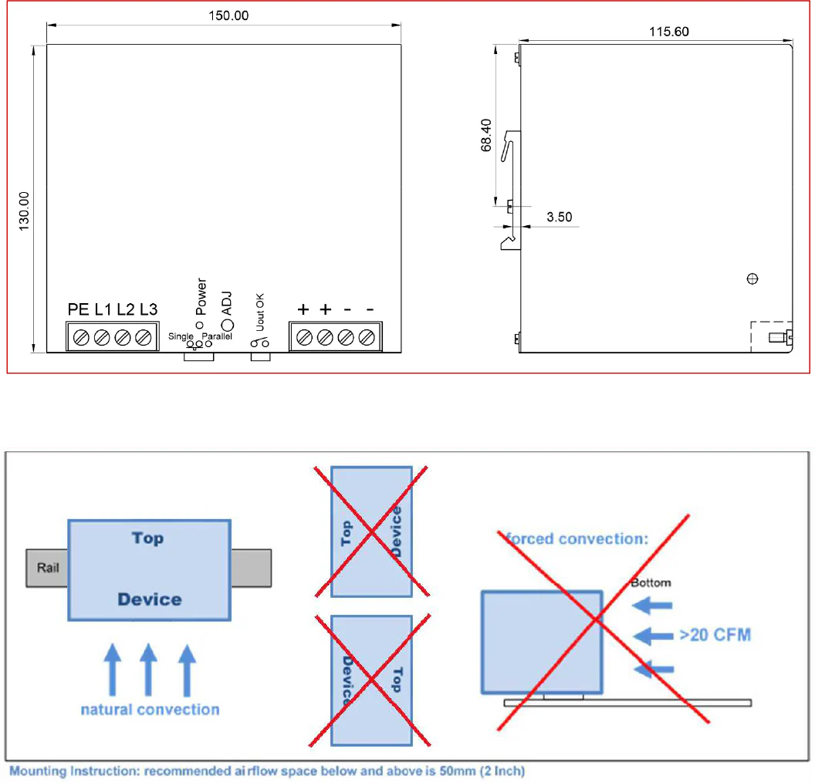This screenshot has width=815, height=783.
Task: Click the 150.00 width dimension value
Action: click(228, 15)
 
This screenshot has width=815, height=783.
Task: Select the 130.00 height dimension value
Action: click(24, 211)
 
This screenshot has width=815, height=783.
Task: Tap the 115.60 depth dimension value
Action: click(669, 32)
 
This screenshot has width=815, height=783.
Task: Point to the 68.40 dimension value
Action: click(486, 136)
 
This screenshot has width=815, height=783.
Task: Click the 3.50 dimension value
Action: click(560, 218)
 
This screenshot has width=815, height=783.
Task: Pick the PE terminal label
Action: click(79, 309)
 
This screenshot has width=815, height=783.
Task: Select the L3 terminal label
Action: click(149, 309)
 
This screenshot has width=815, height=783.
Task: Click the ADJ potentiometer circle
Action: click(228, 326)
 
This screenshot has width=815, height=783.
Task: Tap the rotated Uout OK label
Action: click(260, 312)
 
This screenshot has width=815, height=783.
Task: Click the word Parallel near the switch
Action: click(217, 336)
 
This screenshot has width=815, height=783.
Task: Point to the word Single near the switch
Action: click(181, 336)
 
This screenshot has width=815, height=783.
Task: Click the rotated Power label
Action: click(201, 297)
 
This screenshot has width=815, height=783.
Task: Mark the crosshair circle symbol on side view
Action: click(752, 279)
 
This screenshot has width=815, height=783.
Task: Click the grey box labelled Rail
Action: click(47, 568)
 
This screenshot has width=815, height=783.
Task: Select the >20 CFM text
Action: click(715, 635)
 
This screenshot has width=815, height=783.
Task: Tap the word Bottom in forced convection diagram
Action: click(651, 583)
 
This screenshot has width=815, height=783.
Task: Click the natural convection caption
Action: click(150, 710)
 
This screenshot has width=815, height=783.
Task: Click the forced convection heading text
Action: click(577, 538)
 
